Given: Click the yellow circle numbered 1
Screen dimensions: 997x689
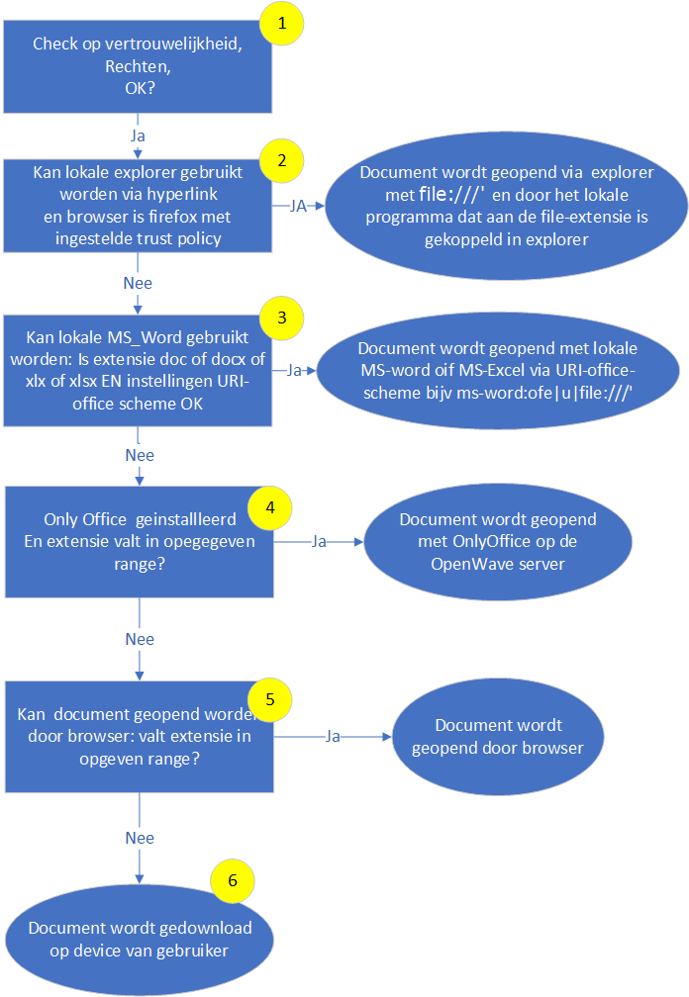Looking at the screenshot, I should tap(282, 25).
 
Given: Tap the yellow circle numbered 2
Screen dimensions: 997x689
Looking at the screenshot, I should tap(282, 160).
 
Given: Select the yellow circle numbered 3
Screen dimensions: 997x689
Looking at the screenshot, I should tap(282, 318).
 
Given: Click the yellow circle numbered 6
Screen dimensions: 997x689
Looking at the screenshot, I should tap(233, 879).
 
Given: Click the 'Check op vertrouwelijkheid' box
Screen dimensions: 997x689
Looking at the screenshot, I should tap(139, 65).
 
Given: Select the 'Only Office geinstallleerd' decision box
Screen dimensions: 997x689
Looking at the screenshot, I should tap(139, 542).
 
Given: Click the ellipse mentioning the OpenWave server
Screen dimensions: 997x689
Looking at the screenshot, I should tap(498, 542).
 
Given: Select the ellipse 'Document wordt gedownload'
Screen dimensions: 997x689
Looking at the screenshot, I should tap(140, 939).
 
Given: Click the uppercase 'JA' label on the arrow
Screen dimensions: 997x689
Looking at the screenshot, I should tap(297, 206).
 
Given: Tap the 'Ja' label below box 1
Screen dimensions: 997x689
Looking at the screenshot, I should tap(139, 133).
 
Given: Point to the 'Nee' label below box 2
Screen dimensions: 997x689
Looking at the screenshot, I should tap(139, 282).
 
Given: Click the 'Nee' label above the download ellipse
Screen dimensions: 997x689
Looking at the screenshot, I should tap(139, 838).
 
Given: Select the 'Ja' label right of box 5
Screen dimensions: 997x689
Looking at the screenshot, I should tap(333, 736).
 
